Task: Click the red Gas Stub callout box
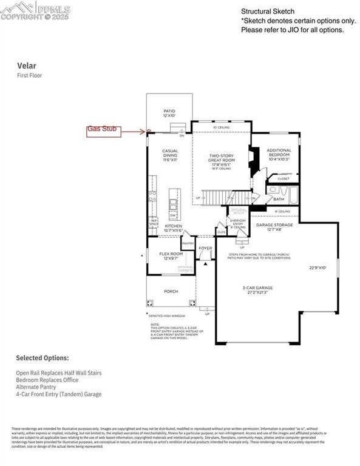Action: point(105,129)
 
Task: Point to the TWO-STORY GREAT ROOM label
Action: point(222,160)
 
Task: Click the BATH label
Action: point(279,198)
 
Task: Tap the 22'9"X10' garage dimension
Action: point(318,267)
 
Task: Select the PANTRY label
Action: point(188,243)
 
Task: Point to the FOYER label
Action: point(206,248)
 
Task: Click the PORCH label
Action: point(171,291)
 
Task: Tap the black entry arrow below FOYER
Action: point(206,263)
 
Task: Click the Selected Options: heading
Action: point(42,358)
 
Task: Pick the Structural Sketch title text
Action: point(268,12)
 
